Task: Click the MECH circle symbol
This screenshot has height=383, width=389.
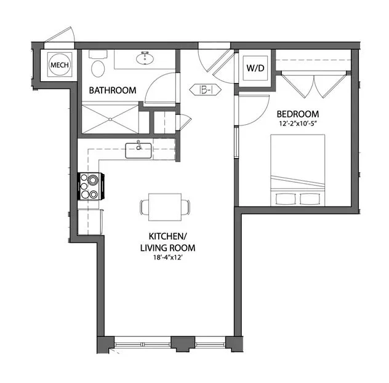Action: click(59, 65)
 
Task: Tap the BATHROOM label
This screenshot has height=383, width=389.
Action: click(112, 90)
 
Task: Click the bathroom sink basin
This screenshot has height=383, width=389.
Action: click(147, 60)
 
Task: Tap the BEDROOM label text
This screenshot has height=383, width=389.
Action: click(297, 114)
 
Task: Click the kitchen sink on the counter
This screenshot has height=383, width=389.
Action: click(139, 149)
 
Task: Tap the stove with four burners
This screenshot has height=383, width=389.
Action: click(90, 186)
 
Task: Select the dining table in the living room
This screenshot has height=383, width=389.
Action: click(165, 207)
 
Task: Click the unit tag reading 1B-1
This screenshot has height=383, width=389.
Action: click(207, 90)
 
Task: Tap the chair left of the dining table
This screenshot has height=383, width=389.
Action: click(144, 207)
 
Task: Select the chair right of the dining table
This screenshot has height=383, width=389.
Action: click(186, 207)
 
